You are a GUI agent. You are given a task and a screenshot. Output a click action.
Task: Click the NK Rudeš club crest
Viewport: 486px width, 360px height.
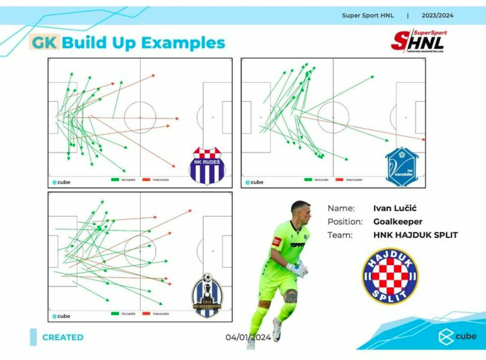(207, 165)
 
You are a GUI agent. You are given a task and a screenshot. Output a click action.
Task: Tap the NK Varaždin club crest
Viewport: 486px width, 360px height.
(401, 165)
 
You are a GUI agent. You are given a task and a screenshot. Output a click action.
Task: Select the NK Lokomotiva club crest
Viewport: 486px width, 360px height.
(206, 294)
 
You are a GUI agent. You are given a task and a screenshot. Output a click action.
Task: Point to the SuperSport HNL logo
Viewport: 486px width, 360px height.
(418, 40)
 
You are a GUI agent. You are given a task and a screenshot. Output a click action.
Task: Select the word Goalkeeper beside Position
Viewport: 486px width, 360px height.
(397, 221)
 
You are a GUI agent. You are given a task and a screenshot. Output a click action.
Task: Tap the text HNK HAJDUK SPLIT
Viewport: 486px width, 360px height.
(415, 235)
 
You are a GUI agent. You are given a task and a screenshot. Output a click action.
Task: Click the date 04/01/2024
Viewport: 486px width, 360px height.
(248, 337)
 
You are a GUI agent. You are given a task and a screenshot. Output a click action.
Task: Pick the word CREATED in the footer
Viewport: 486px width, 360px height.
(62, 337)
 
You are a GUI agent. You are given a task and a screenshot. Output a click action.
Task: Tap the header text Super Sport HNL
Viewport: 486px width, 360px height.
(368, 16)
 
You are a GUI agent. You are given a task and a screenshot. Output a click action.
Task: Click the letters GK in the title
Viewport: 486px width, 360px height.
(44, 42)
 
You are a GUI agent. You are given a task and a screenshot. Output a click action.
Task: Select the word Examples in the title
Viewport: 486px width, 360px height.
(183, 42)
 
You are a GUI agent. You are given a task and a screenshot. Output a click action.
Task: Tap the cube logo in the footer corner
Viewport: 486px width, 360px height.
(458, 336)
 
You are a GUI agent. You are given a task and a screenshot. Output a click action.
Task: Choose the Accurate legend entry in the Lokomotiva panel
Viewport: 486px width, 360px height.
(123, 313)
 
